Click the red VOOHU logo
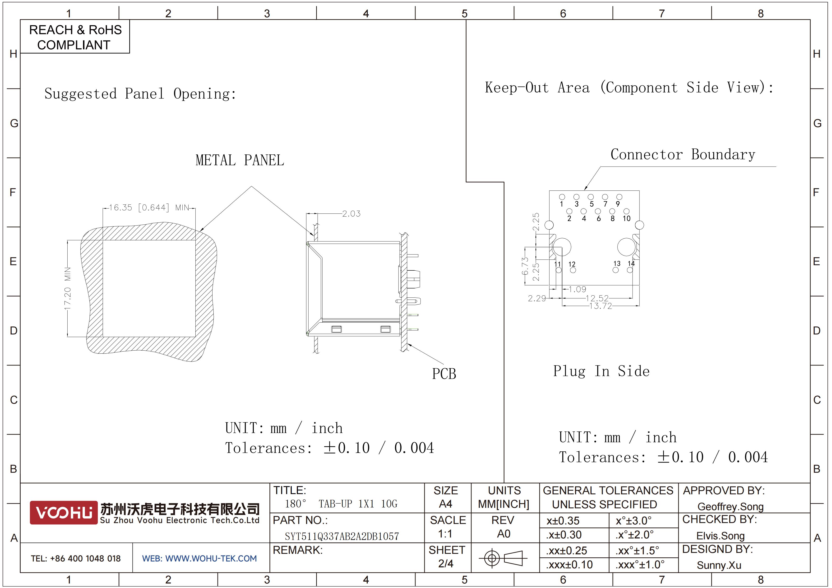click(64, 512)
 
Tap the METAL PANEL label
click(240, 160)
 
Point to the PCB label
click(444, 374)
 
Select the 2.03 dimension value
click(351, 214)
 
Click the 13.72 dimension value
click(601, 306)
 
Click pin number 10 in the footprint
click(627, 218)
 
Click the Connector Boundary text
click(683, 155)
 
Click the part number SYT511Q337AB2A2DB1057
click(342, 536)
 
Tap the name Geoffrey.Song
click(730, 507)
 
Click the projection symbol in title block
click(503, 558)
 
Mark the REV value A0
click(504, 534)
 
